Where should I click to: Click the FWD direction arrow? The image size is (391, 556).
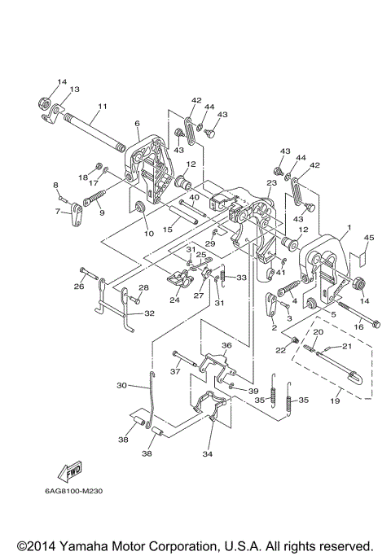70,471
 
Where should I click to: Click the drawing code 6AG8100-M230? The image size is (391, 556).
73,491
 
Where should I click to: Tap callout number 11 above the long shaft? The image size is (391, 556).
103,106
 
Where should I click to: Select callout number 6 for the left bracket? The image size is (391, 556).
138,123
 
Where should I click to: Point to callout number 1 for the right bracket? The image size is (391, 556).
349,227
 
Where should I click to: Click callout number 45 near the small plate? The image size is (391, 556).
369,237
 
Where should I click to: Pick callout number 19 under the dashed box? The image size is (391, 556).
335,401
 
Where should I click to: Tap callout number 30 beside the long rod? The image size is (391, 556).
121,385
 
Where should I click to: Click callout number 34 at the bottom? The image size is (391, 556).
207,453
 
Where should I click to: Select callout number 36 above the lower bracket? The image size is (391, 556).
226,345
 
